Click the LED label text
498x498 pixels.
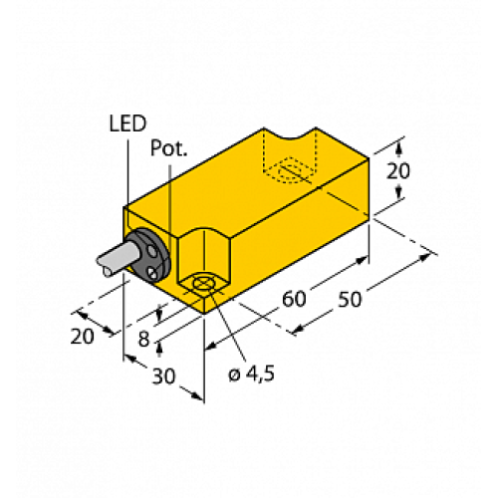tap(126, 124)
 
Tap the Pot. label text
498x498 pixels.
tap(167, 148)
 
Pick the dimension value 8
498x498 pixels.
tap(144, 340)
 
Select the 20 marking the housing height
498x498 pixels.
tap(401, 171)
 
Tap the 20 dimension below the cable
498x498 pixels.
tap(83, 336)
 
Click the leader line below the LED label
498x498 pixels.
tap(127, 169)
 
